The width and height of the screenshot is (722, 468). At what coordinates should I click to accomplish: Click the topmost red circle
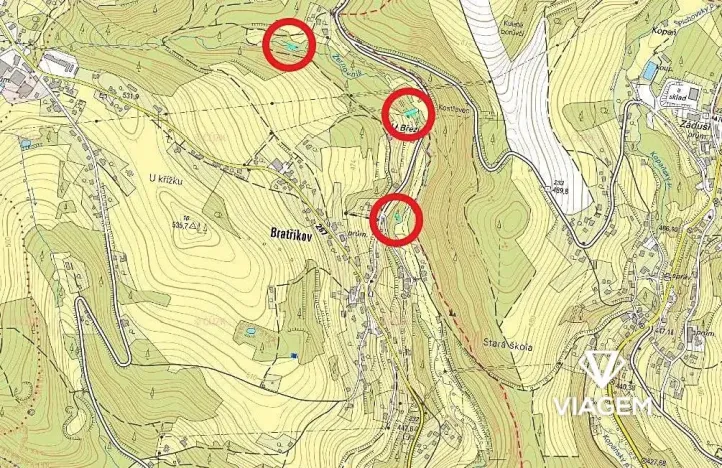(289, 45)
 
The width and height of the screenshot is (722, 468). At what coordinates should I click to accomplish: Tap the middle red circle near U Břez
(407, 113)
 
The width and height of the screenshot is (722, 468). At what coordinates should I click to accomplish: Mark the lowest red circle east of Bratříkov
(396, 219)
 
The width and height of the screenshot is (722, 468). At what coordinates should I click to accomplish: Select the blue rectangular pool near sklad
(651, 71)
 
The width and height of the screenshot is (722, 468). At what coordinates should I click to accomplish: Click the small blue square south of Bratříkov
(293, 356)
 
